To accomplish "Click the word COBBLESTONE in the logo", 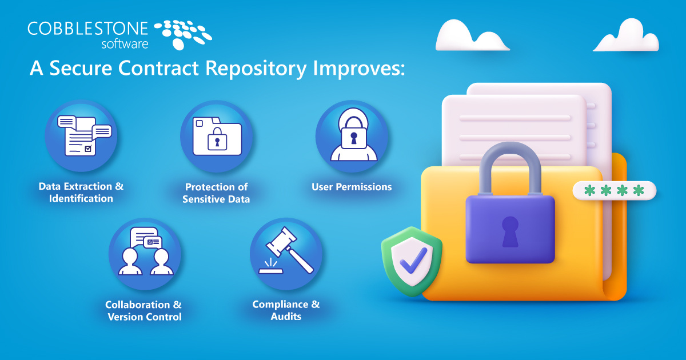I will (87, 28).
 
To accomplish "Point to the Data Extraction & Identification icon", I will (81, 135).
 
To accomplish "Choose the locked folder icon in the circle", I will (217, 136).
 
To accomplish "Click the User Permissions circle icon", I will (352, 136).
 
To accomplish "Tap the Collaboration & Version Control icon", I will (145, 254).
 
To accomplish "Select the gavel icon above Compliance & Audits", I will (286, 254).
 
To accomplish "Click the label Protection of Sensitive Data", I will (216, 193).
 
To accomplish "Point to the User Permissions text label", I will (352, 187).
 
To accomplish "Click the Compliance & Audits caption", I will (286, 310).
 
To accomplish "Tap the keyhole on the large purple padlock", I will (510, 231).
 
